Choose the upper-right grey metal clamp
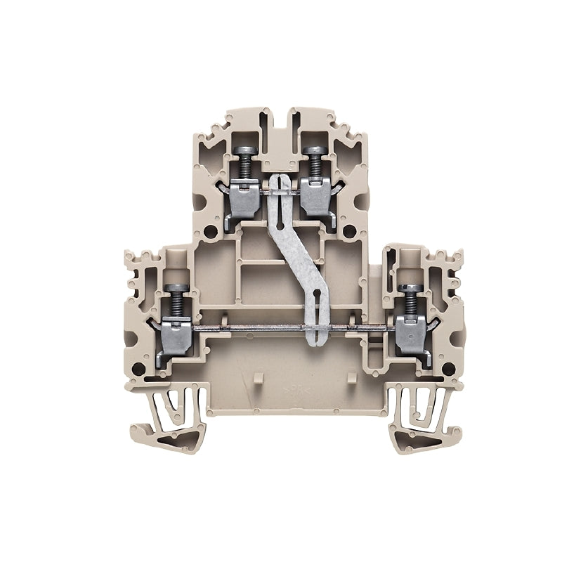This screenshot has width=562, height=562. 317,193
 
